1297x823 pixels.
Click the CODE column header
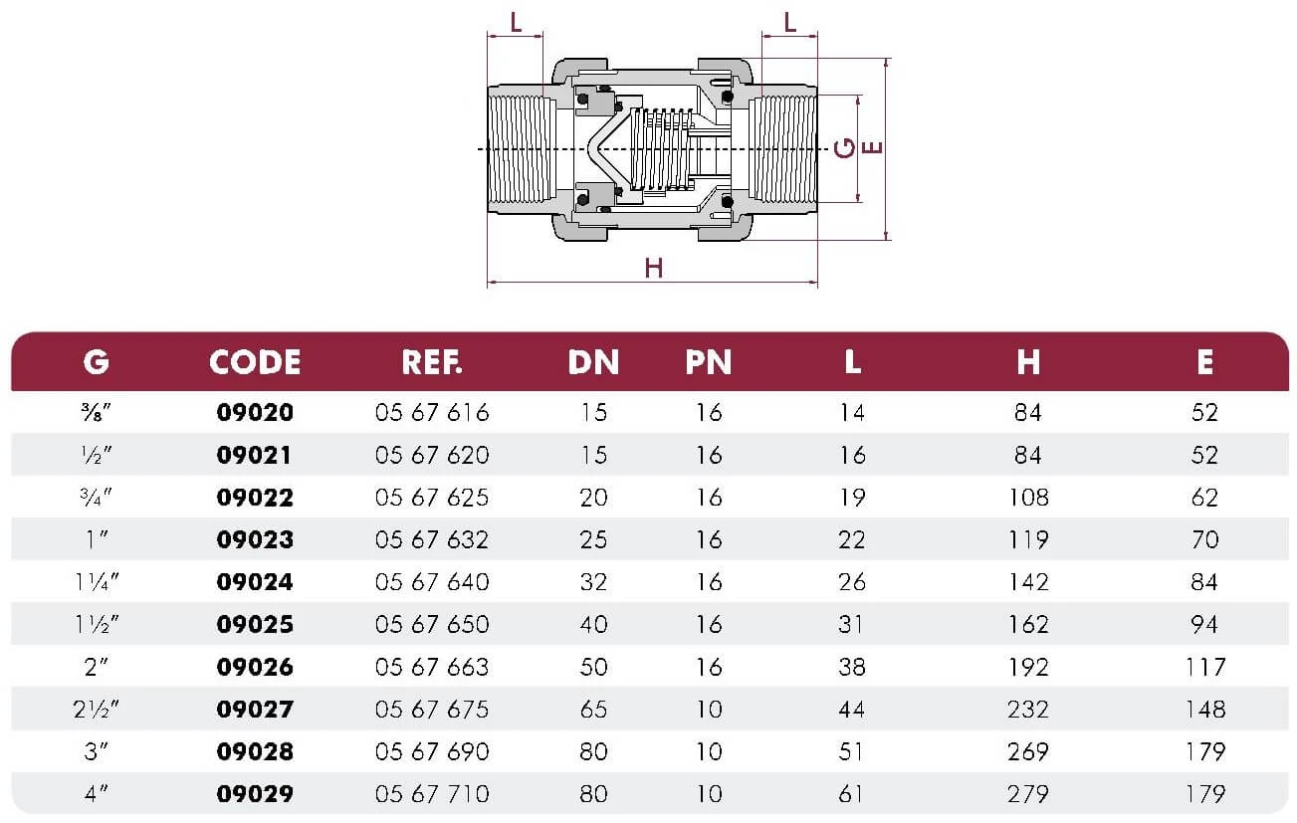coord(255,362)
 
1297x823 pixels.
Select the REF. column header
coord(432,362)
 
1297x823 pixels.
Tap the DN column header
coord(593,362)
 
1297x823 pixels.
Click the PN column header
coord(708,362)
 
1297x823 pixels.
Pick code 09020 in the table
coord(255,412)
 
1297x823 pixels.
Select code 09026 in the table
coord(255,667)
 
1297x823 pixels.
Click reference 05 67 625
coord(432,498)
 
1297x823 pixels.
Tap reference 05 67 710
coord(432,794)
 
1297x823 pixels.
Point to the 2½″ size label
coord(96,710)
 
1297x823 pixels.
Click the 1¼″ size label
coord(96,582)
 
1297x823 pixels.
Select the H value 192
coord(1028,667)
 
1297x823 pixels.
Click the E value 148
coord(1204,710)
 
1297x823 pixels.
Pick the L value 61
coord(852,794)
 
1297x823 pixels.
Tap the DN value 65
coord(593,710)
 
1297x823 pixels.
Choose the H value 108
coord(1028,498)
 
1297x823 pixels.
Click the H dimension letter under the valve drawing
coord(653,268)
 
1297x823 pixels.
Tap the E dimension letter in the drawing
coord(872,148)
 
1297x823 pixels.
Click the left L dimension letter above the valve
coord(516,22)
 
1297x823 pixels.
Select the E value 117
coord(1204,667)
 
